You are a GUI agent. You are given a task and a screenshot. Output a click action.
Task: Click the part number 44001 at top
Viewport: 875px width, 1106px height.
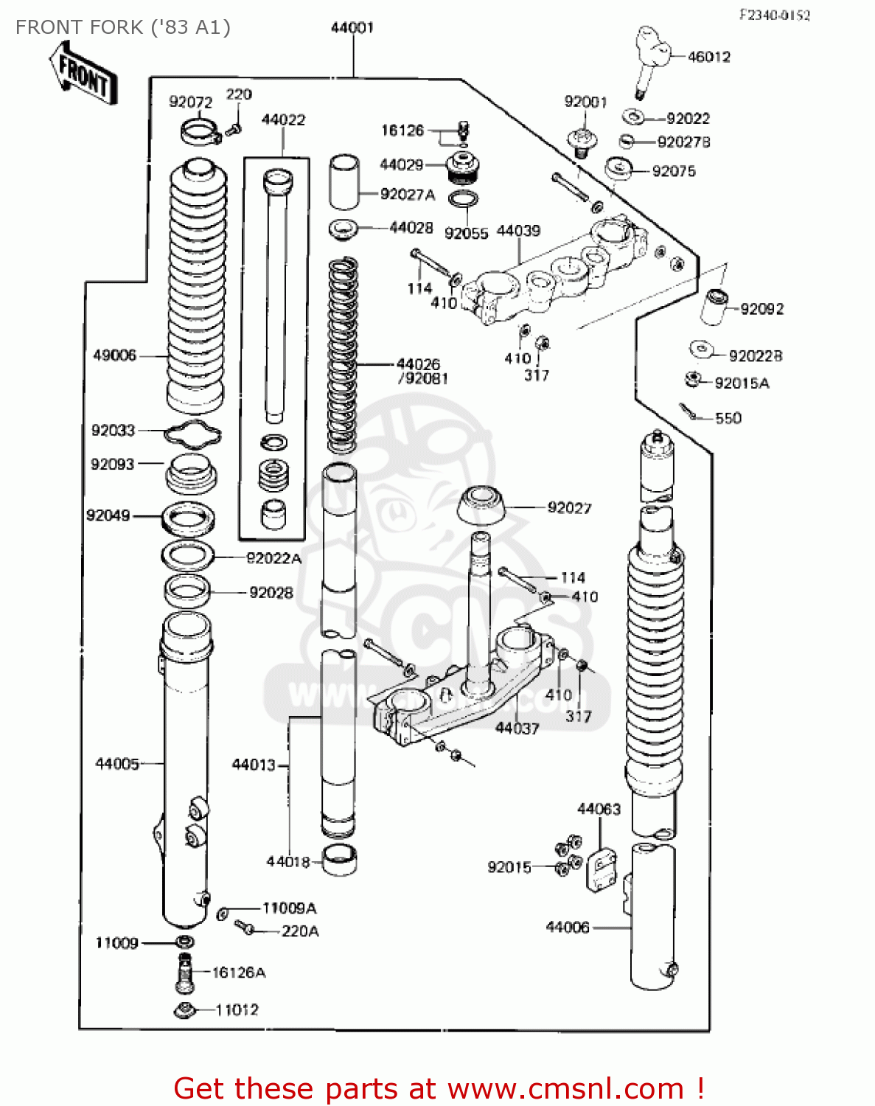[352, 28]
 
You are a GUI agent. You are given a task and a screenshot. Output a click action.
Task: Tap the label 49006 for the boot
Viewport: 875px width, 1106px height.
[114, 355]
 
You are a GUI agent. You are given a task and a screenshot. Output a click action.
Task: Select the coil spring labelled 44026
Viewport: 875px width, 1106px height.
[342, 354]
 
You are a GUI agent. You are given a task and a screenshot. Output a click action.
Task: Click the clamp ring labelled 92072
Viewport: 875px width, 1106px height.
[200, 132]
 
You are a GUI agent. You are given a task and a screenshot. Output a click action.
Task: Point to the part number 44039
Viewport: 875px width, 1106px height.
[518, 231]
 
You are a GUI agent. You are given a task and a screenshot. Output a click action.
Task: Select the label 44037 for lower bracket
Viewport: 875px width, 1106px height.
[517, 728]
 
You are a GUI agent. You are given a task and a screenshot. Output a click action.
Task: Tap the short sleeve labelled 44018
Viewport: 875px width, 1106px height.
[341, 860]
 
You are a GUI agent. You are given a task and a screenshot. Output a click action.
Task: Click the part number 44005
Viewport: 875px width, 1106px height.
[117, 764]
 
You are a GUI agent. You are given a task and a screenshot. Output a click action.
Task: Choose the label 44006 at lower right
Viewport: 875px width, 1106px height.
[568, 928]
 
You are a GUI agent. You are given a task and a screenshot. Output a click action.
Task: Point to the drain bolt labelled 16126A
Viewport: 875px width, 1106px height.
[184, 972]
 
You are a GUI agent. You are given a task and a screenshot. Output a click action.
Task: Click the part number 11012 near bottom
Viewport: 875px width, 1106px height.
[237, 1009]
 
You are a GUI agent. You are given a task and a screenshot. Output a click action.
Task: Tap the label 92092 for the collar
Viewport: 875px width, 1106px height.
[761, 310]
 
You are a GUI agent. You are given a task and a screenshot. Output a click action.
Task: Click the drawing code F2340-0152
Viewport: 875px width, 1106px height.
[775, 15]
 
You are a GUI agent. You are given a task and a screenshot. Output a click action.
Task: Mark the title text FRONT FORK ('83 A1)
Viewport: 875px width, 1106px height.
[122, 27]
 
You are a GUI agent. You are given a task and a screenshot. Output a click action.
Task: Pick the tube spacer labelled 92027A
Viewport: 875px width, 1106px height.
[343, 182]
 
